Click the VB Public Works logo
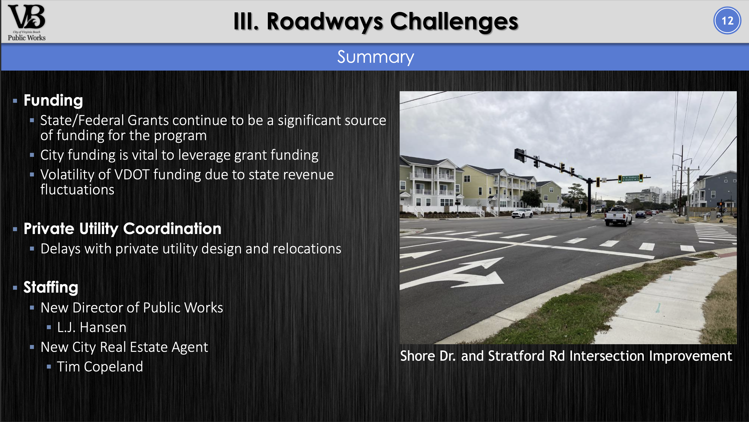coord(26,22)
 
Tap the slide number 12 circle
coord(727,21)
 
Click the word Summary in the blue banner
coord(375,57)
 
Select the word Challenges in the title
coord(454,21)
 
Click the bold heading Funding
coord(53,101)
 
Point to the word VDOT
coord(132,175)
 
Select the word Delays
coord(60,249)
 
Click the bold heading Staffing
coord(51,288)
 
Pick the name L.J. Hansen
coord(92,327)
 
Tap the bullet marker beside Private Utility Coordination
coord(15,229)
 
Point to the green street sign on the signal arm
coord(630,178)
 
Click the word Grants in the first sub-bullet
coord(148,120)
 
